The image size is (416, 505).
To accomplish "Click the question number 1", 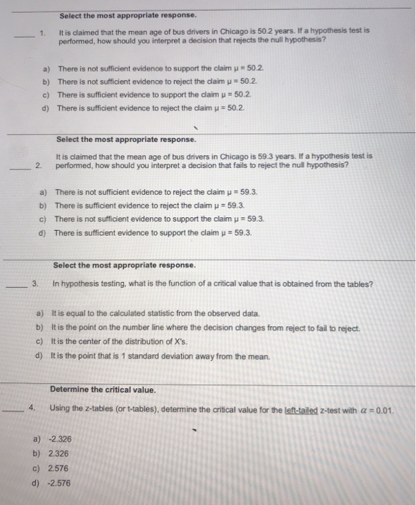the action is pyautogui.click(x=43, y=32).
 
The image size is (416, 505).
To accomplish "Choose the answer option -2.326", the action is pyautogui.click(x=60, y=439).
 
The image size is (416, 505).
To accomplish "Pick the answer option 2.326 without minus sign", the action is pyautogui.click(x=59, y=454).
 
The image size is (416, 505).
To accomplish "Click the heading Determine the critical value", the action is pyautogui.click(x=103, y=390).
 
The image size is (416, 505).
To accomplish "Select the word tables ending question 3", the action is pyautogui.click(x=360, y=284).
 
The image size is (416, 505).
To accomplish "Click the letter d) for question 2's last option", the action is pyautogui.click(x=42, y=233).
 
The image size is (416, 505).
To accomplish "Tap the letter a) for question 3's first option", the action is pyautogui.click(x=40, y=314).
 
